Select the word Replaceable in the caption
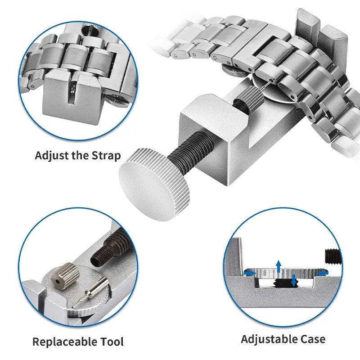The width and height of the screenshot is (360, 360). click(x=64, y=342)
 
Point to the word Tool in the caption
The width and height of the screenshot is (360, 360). click(x=111, y=342)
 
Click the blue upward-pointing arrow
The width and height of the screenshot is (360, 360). click(x=279, y=265)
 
